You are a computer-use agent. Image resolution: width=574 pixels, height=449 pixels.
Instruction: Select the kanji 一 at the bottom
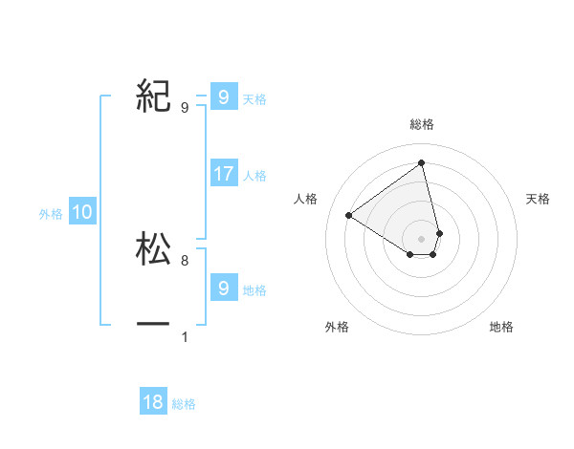click(x=154, y=325)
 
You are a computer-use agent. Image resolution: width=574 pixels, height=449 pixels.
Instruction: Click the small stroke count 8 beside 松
click(x=185, y=260)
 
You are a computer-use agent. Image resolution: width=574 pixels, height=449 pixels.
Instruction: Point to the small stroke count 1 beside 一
click(x=185, y=337)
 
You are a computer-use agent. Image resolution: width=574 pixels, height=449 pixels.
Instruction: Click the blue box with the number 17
click(x=224, y=174)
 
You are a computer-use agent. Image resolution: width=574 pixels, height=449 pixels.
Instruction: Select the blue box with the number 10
click(x=82, y=213)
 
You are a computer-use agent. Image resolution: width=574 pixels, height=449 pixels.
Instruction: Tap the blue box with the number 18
click(x=153, y=402)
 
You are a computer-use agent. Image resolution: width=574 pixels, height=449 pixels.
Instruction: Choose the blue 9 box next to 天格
click(x=223, y=96)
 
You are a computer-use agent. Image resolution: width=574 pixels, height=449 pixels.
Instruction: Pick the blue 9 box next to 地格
click(x=223, y=288)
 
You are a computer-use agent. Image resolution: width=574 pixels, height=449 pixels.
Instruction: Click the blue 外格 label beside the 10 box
click(x=51, y=214)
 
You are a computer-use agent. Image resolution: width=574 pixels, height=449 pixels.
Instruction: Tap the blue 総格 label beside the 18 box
click(x=184, y=404)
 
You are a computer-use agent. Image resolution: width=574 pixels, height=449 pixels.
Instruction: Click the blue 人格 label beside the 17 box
click(x=254, y=176)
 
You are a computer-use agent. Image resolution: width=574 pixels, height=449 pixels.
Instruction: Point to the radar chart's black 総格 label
click(x=422, y=124)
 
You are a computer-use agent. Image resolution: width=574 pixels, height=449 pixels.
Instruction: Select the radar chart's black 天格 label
click(x=539, y=199)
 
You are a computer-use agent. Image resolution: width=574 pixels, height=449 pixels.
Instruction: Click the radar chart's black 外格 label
click(x=337, y=327)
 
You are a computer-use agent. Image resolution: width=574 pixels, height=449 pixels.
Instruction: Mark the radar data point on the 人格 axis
click(x=349, y=215)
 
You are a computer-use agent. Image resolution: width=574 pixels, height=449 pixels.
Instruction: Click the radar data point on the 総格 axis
click(x=422, y=162)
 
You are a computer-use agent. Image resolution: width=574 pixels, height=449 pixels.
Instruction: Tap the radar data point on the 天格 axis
click(x=439, y=233)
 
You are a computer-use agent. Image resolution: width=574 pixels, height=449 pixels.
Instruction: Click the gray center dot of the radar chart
click(x=422, y=238)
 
